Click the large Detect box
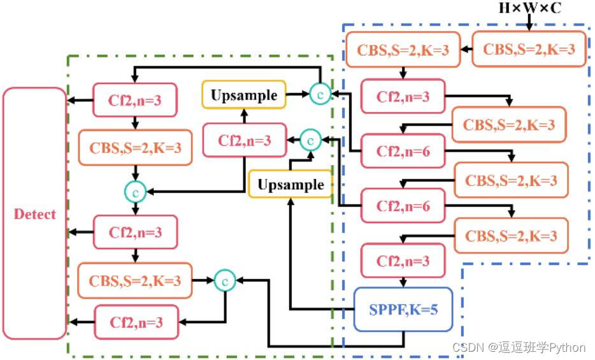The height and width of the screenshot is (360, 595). [35, 213]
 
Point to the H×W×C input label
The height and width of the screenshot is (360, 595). [530, 8]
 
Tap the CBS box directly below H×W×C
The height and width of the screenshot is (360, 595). [529, 48]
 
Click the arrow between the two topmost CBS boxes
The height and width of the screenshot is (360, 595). [466, 49]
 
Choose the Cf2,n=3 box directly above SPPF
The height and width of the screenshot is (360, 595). [403, 261]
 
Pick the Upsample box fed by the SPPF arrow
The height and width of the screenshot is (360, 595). [290, 185]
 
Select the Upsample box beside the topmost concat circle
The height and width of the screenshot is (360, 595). [245, 96]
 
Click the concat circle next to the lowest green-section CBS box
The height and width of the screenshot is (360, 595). [225, 280]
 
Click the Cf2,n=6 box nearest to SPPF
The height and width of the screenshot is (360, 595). [403, 206]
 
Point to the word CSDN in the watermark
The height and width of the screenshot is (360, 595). [467, 347]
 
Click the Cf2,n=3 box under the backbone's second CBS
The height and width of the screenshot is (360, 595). [403, 97]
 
